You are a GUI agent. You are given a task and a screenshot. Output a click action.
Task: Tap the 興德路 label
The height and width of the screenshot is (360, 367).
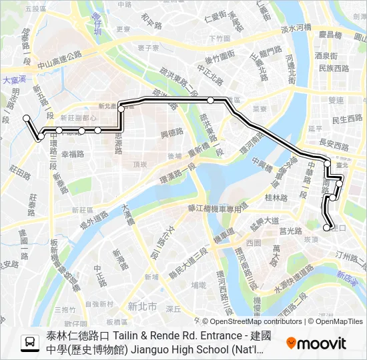171,133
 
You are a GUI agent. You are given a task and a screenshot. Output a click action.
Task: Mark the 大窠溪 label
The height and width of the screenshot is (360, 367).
13,79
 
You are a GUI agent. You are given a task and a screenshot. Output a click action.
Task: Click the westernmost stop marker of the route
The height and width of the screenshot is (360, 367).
27,118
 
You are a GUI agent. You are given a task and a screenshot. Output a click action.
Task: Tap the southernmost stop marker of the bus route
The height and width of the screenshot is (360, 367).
327,228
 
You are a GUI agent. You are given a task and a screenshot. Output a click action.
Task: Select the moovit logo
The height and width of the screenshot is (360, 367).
316,343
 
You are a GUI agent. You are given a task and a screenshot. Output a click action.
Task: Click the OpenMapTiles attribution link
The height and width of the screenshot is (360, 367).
339,321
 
